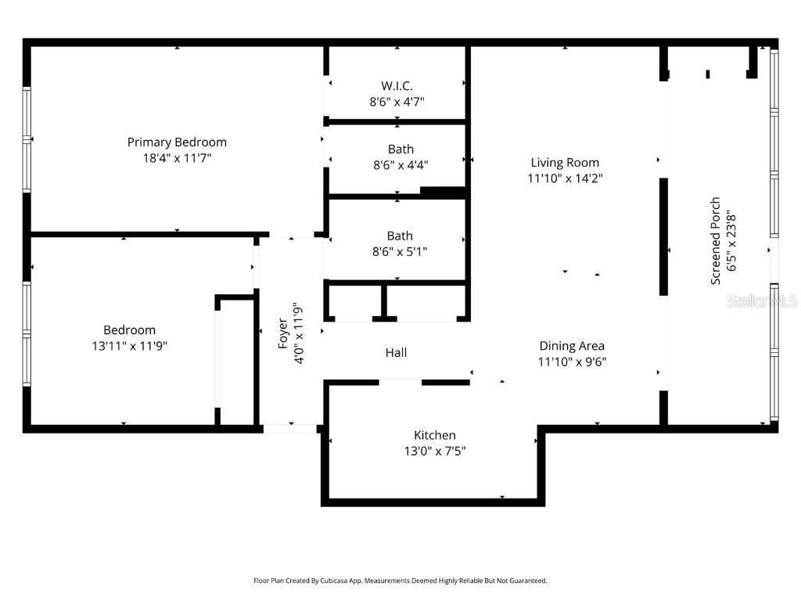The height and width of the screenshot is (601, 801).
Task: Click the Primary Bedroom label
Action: coord(177,142)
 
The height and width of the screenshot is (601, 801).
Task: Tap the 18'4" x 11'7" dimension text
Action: coord(177,157)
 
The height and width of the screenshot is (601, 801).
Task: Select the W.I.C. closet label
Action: coord(397,85)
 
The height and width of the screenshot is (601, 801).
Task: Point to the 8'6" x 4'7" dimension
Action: coord(397,101)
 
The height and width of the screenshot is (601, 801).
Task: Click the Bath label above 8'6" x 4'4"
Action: coord(400,149)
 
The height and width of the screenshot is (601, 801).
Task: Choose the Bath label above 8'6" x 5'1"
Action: coord(400,236)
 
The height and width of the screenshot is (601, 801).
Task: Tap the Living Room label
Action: coord(565,163)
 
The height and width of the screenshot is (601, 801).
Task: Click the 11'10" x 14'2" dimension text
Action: coord(565,178)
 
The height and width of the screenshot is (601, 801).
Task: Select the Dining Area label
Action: coord(572,345)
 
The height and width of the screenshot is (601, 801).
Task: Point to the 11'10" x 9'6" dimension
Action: coord(572,361)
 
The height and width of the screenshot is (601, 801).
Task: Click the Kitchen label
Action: coord(435,435)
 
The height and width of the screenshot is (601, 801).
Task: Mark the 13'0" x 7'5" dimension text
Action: coord(435,451)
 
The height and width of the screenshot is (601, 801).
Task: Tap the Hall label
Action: coord(396,353)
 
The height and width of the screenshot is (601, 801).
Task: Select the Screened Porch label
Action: coord(715,241)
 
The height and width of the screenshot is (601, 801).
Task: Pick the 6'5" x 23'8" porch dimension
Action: coord(731,241)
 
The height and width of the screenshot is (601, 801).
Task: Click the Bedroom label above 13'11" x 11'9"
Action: coord(129,329)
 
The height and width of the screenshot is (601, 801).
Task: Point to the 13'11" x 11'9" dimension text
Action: coord(129,345)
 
